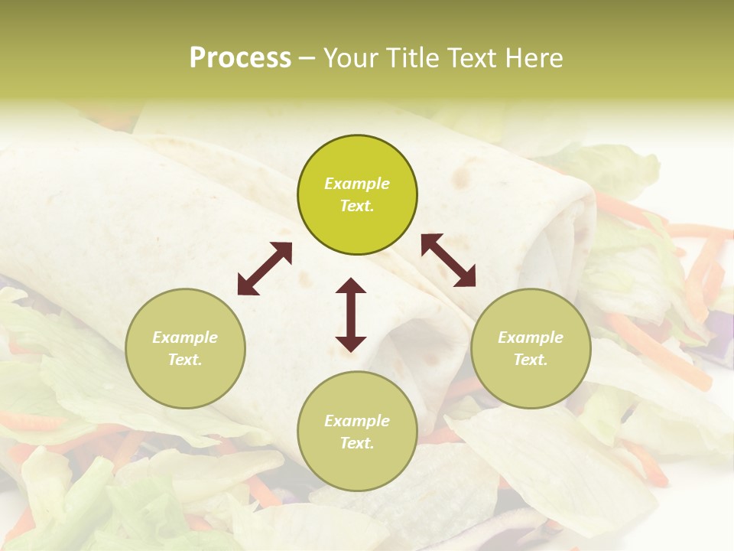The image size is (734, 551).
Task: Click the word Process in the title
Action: point(240,58)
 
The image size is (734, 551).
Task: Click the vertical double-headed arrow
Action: point(351,315)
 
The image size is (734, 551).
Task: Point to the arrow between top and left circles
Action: point(265,269)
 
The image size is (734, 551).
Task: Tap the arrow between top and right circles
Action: point(448,260)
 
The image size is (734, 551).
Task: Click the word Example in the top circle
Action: point(357,184)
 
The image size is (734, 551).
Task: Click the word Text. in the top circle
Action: point(357,206)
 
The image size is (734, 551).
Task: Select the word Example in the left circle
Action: point(185,337)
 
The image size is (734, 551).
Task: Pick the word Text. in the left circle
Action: point(185,360)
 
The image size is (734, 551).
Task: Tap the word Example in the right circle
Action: point(531,337)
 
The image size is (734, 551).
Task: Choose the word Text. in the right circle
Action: point(531,360)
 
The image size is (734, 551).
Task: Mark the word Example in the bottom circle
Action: point(357,421)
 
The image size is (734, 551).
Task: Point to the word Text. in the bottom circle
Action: point(357,443)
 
